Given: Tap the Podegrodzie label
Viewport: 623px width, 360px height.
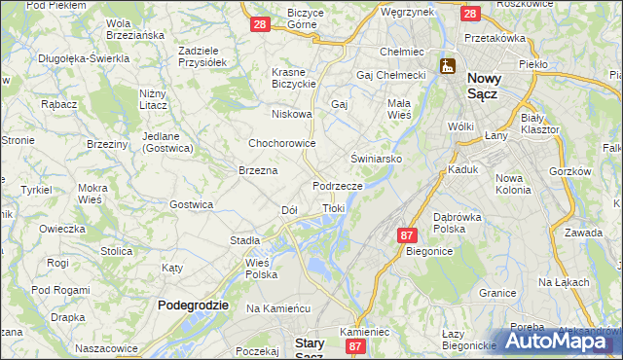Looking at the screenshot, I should (193, 305).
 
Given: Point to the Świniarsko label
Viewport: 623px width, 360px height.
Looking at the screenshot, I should (377, 157).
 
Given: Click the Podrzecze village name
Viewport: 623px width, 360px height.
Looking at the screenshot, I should (338, 185).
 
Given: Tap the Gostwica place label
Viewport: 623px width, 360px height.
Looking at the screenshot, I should (191, 204).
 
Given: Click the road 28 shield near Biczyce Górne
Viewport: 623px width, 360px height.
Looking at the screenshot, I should (260, 24).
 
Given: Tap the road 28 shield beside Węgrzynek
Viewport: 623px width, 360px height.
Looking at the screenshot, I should (469, 14).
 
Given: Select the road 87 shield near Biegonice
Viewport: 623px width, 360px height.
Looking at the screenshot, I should (407, 235).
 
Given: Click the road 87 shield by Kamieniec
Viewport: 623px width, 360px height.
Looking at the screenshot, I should (356, 345).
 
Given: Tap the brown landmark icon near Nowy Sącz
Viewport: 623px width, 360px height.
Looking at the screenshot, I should (447, 66).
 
